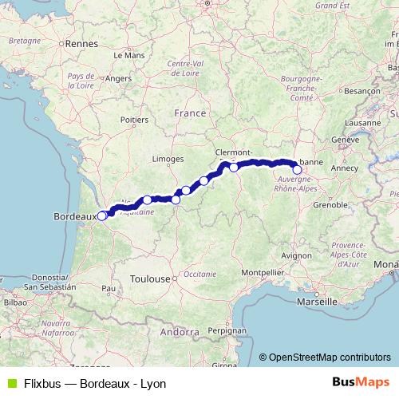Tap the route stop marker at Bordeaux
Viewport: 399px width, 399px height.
pyautogui.click(x=101, y=215)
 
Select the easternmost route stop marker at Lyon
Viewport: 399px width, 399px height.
pyautogui.click(x=298, y=169)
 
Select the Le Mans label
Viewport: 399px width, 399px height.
pyautogui.click(x=128, y=56)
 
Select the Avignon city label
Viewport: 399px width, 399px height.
pyautogui.click(x=296, y=255)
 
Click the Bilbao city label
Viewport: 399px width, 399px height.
pyautogui.click(x=15, y=304)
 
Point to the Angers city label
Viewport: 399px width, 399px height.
pyautogui.click(x=118, y=79)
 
